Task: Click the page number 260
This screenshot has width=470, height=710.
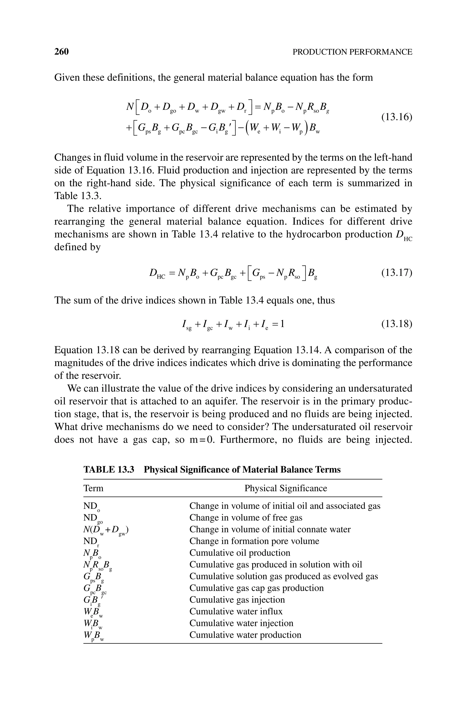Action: click(62, 52)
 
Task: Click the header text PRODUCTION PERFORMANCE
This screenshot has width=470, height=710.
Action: click(352, 52)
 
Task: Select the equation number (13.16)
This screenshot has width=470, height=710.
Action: click(397, 117)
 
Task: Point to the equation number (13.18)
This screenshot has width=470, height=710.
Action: click(397, 324)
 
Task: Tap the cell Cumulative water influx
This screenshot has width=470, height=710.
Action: click(236, 611)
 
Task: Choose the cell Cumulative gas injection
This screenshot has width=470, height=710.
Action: click(237, 600)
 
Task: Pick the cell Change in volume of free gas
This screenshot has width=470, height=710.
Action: click(246, 518)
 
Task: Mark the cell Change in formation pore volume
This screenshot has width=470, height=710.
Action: click(254, 541)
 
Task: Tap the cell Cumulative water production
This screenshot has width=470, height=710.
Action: click(245, 635)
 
